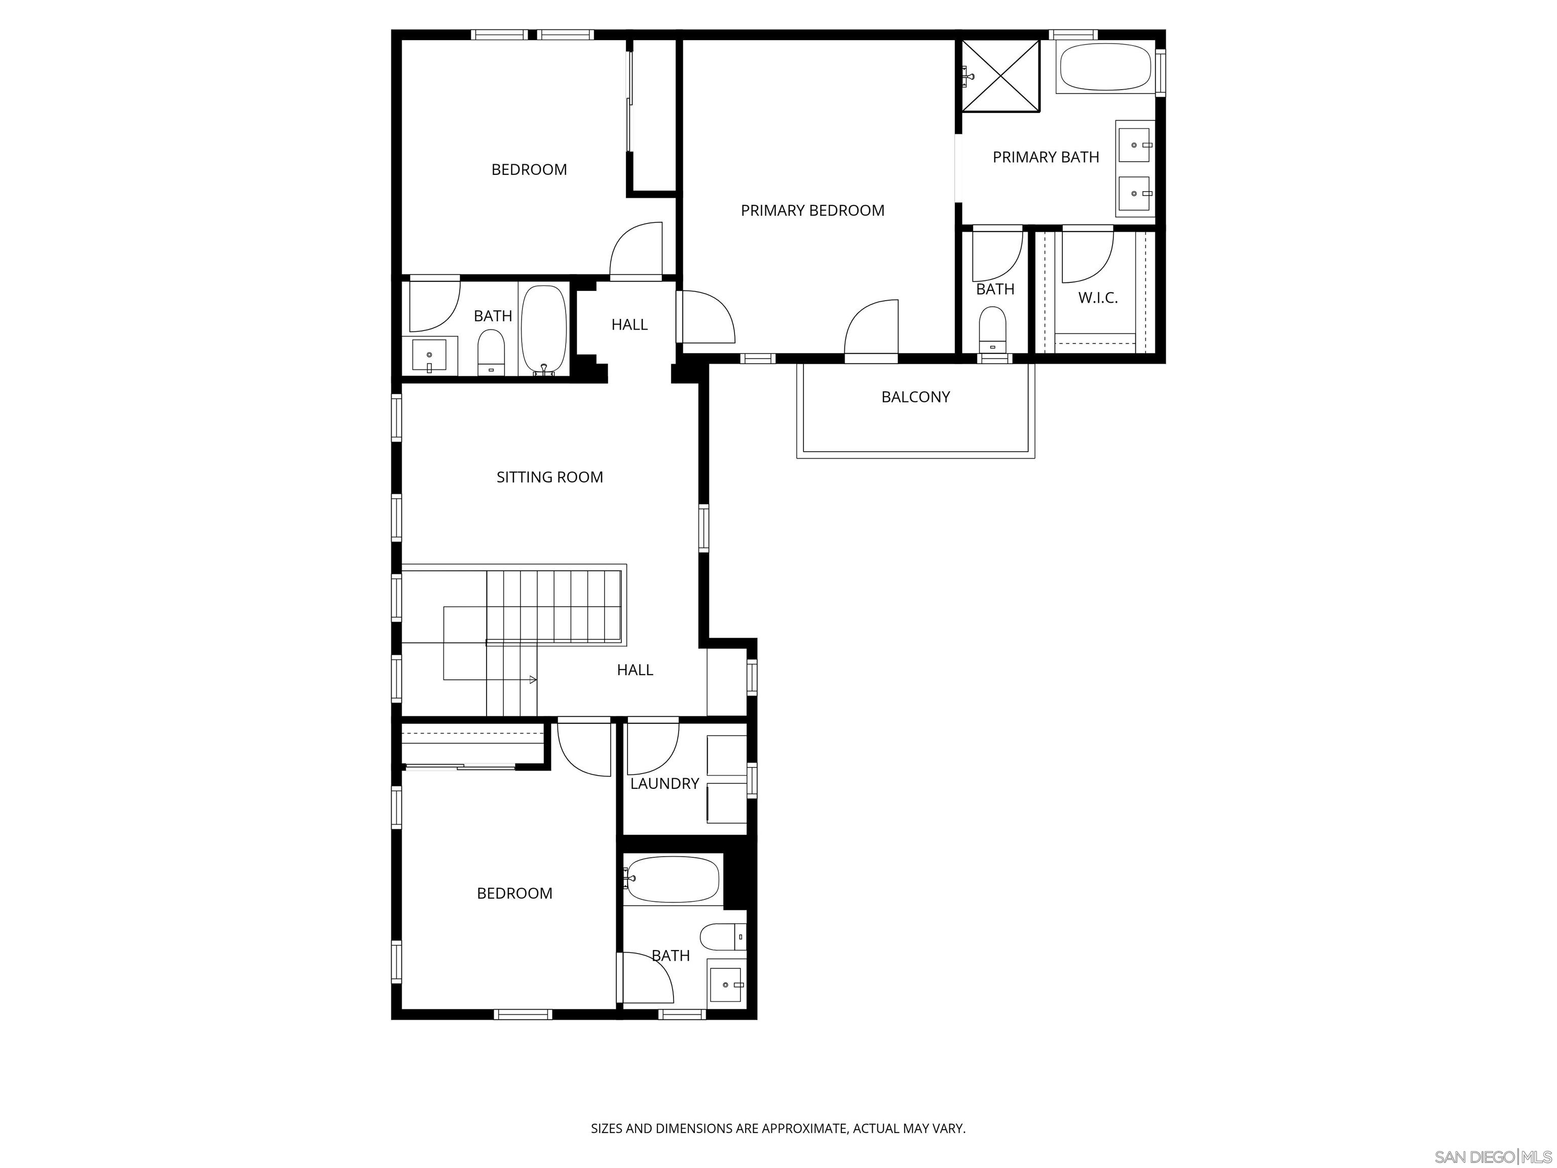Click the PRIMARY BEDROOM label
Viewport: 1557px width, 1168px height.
click(812, 210)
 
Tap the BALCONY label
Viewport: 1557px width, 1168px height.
click(915, 397)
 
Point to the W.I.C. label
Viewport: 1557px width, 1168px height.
click(1097, 298)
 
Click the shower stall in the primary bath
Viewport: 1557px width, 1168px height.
click(1000, 76)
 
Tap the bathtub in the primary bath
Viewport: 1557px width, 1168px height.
click(1104, 67)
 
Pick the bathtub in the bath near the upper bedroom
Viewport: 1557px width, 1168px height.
click(543, 330)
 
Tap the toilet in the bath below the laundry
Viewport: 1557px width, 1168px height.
click(722, 937)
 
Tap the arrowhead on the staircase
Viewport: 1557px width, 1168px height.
click(533, 679)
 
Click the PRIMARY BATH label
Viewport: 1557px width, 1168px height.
click(1045, 157)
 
